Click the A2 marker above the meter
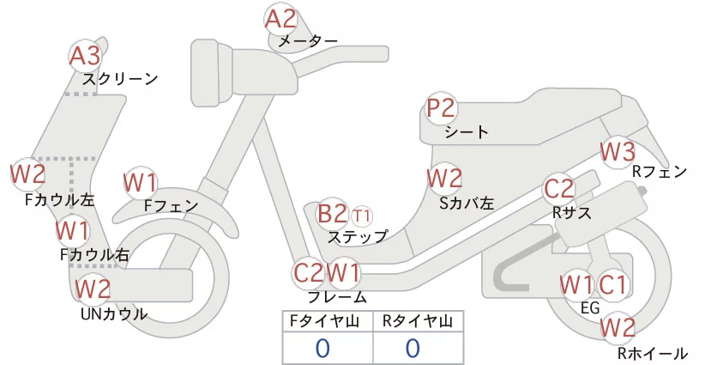[x=280, y=19]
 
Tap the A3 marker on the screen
[x=85, y=57]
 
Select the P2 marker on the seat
[x=441, y=108]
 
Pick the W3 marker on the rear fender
[x=618, y=152]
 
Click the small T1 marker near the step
[x=361, y=216]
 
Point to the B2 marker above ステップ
[x=332, y=214]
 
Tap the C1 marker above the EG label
[x=612, y=285]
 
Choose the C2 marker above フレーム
[x=308, y=273]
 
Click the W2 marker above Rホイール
[x=618, y=328]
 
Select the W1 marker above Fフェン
[x=141, y=183]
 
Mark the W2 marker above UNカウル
[x=93, y=289]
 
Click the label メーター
[x=308, y=41]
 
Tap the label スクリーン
[x=120, y=79]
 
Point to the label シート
[x=467, y=132]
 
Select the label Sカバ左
[x=467, y=204]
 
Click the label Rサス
[x=572, y=213]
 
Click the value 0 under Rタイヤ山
[x=413, y=348]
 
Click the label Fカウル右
[x=95, y=255]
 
